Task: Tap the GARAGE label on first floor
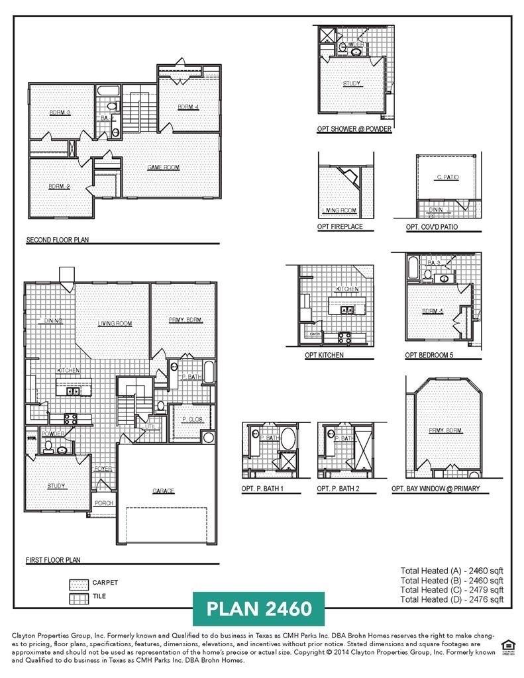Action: [x=163, y=491]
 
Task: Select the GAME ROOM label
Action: [x=163, y=168]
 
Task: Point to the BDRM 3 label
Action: [x=60, y=113]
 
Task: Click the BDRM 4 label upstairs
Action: [x=188, y=107]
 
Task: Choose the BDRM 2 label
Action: [x=59, y=187]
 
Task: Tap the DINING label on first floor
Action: [x=54, y=321]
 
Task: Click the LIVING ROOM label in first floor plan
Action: [x=115, y=324]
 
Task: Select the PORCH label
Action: [x=103, y=503]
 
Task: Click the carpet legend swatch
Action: [x=79, y=583]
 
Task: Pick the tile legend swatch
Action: [x=79, y=597]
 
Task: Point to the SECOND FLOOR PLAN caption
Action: [x=58, y=240]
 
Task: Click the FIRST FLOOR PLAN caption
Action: [x=53, y=560]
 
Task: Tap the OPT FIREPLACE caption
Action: [x=340, y=227]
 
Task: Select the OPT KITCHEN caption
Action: [x=324, y=356]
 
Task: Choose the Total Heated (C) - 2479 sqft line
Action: [x=452, y=589]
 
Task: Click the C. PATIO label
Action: [x=448, y=177]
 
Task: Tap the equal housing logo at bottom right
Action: [x=507, y=645]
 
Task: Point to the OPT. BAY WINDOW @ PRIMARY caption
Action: [x=435, y=489]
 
